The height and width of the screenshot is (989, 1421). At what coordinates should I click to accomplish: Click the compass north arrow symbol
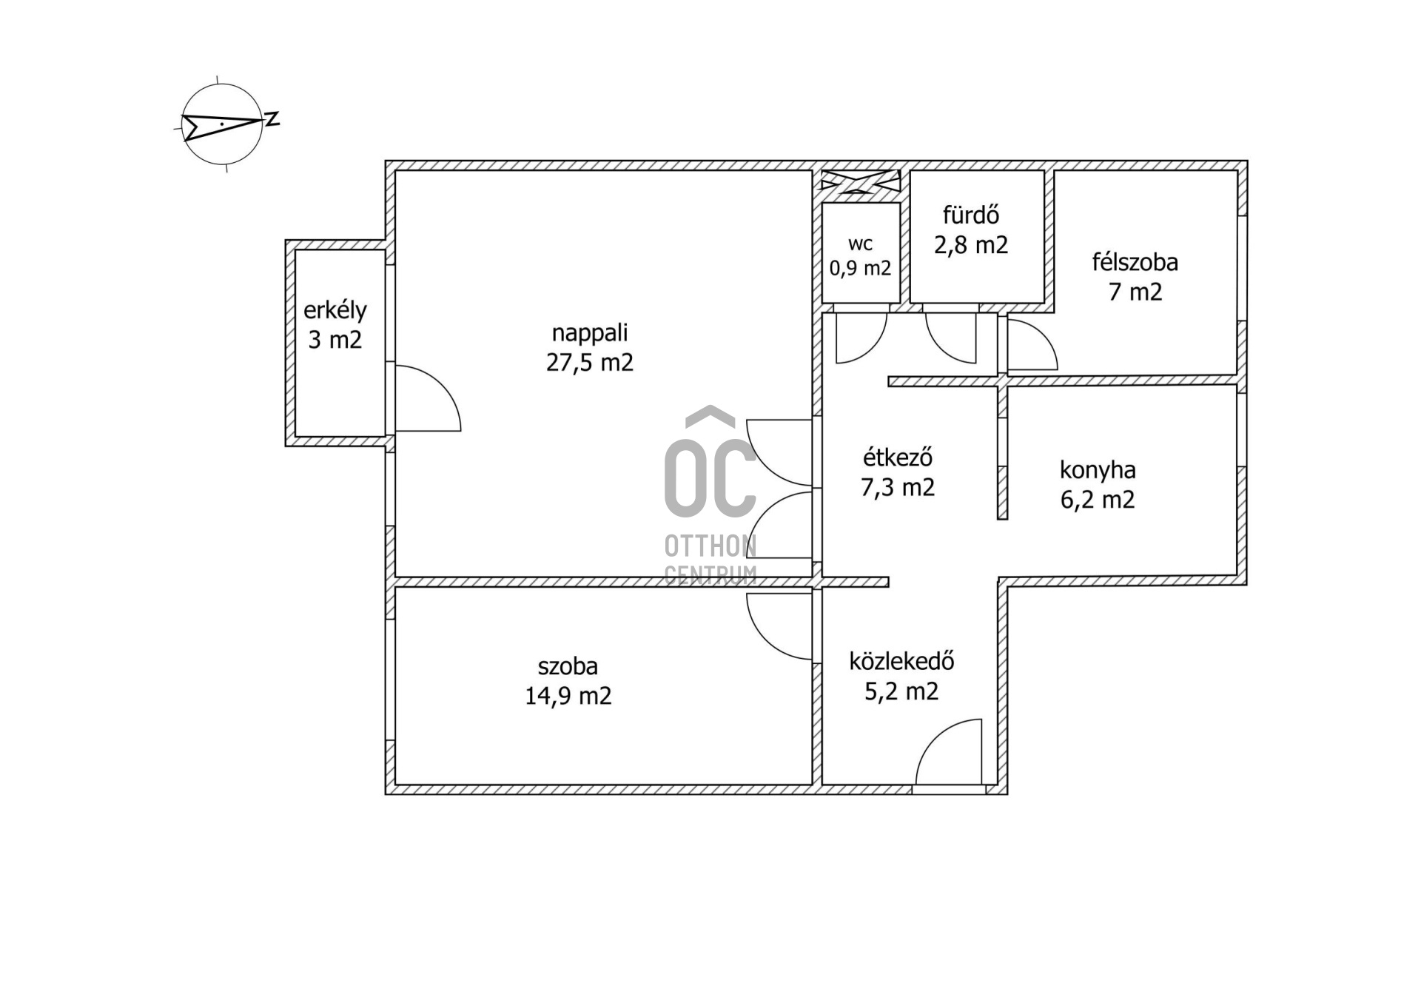pos(222,124)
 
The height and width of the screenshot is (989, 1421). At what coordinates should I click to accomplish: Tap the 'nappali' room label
pos(590,333)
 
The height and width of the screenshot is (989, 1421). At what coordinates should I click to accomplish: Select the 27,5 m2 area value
pos(590,363)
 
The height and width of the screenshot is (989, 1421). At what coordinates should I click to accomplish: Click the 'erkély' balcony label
pos(335,310)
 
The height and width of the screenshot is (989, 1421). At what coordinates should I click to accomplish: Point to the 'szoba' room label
pos(568,666)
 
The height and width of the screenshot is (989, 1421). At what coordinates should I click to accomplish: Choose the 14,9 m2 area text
pos(568,696)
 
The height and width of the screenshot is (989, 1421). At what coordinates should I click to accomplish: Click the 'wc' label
pos(860,244)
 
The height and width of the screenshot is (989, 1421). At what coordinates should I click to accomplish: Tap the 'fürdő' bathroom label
pos(971,215)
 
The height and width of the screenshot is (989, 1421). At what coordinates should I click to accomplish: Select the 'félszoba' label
pos(1135,262)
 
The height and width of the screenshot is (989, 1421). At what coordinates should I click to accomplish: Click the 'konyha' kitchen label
pos(1098,471)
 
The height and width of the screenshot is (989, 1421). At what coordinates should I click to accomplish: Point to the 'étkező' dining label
pos(898,457)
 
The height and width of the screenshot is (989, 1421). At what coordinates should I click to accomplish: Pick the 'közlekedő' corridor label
pos(901,660)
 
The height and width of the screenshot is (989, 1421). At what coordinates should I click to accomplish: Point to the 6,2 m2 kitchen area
pos(1098,500)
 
